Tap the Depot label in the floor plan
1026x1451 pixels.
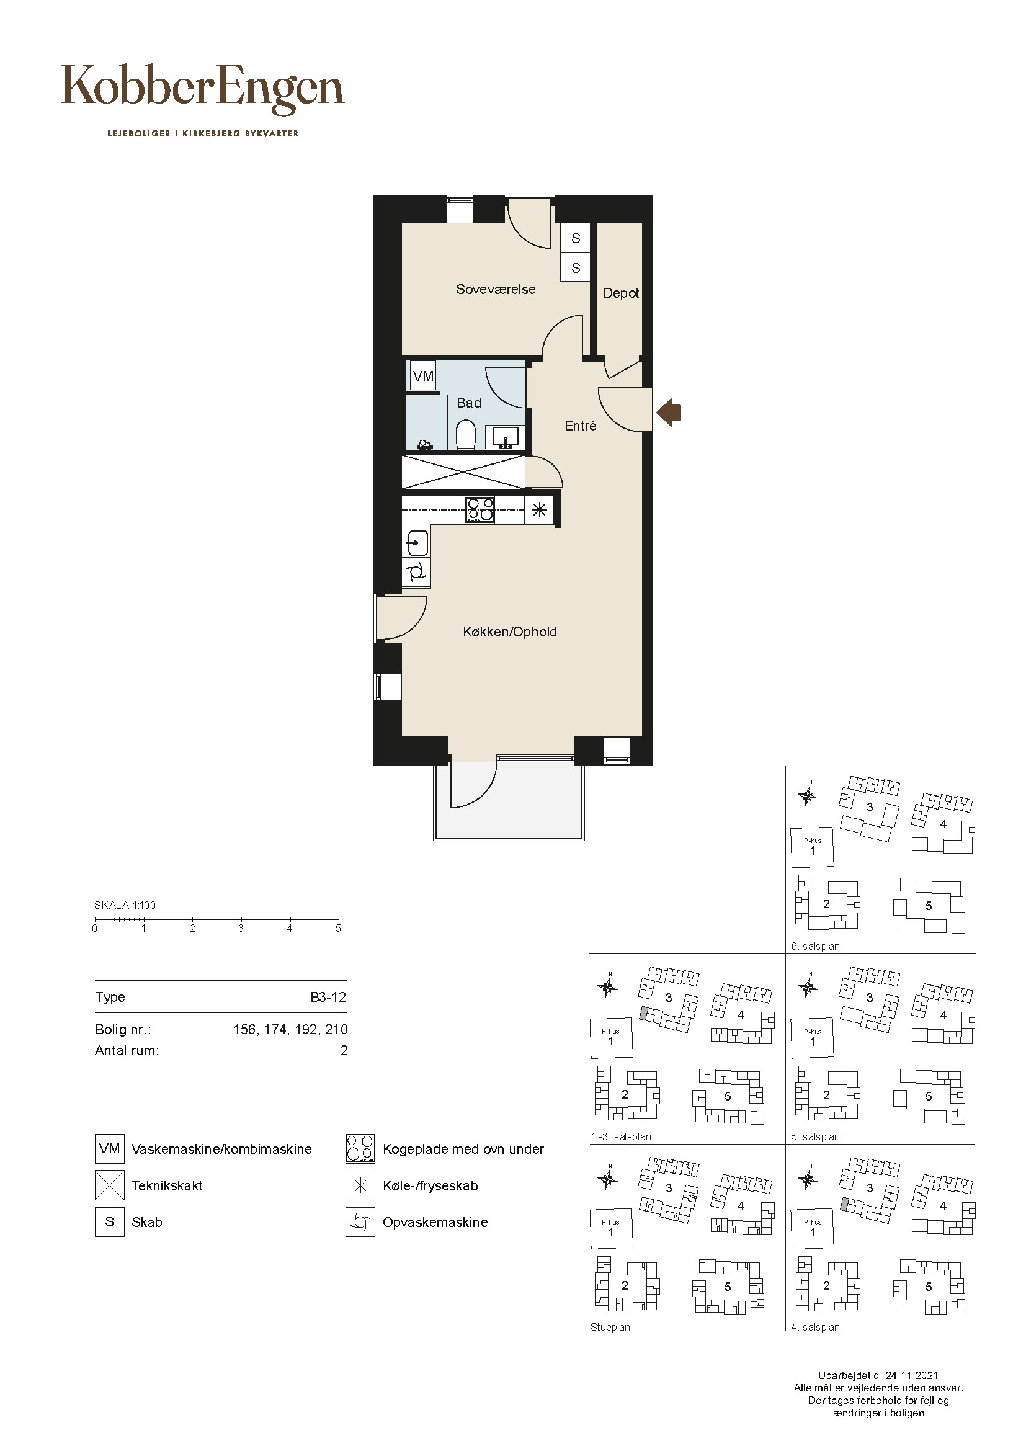(620, 293)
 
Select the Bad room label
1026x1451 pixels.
(469, 403)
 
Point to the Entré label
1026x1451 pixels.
(580, 426)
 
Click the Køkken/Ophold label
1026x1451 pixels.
(510, 632)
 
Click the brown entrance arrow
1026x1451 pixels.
(669, 413)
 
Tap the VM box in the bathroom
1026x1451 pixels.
(423, 376)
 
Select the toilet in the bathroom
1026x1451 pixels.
(466, 435)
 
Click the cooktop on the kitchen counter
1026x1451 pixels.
(480, 510)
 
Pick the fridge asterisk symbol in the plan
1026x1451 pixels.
(539, 509)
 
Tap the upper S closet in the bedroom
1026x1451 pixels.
(576, 238)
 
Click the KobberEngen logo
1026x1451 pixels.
(203, 89)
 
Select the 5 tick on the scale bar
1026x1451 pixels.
(339, 920)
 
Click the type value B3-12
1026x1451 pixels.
(329, 998)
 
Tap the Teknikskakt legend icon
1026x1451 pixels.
(109, 1185)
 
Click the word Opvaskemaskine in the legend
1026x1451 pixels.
(435, 1222)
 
